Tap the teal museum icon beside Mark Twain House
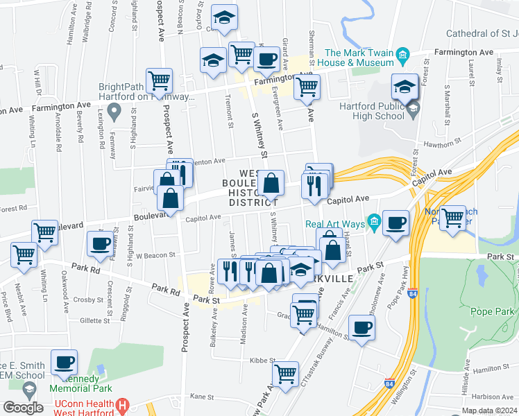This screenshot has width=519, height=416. (401, 53)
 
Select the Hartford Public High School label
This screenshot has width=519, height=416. (371, 111)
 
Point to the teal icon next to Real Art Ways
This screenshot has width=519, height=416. (375, 223)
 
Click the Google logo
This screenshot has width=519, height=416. (23, 407)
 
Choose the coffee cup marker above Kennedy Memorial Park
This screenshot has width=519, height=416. (65, 362)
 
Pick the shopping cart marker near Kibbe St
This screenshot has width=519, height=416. (285, 374)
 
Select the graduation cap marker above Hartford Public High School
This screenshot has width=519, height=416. (404, 87)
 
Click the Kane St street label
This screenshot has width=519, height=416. (201, 396)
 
